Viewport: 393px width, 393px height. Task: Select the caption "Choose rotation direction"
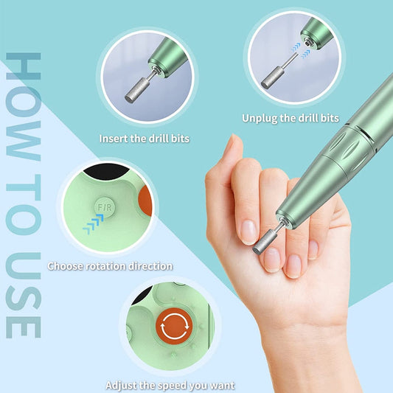(110, 265)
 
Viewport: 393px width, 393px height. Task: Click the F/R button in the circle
(105, 200)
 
